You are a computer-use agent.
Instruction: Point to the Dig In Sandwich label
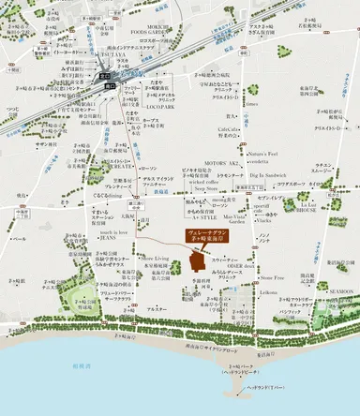click(x=270, y=175)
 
